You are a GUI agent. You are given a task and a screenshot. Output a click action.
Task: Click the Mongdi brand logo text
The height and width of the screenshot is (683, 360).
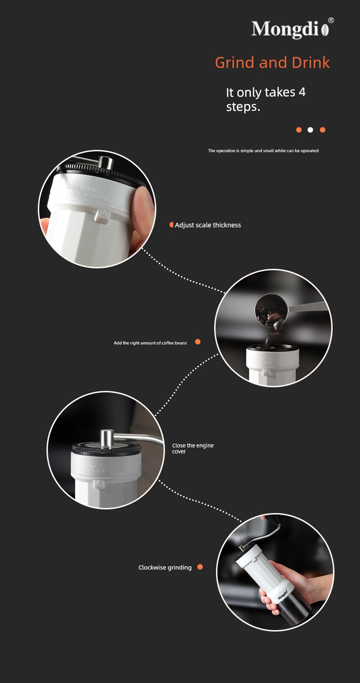pyautogui.click(x=289, y=29)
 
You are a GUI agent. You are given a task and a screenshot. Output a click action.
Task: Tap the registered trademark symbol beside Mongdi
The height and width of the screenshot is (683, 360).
pyautogui.click(x=331, y=21)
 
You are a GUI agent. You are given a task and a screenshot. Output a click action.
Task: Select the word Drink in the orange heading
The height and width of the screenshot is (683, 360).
pyautogui.click(x=311, y=62)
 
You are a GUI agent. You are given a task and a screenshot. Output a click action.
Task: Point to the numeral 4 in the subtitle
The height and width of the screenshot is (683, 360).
pyautogui.click(x=302, y=92)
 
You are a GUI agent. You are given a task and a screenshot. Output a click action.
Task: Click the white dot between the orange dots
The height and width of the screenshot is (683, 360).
pyautogui.click(x=310, y=130)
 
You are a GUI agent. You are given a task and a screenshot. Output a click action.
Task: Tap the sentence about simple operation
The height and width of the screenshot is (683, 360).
pyautogui.click(x=263, y=151)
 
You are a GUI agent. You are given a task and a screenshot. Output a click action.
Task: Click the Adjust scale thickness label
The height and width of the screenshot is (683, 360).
pyautogui.click(x=208, y=225)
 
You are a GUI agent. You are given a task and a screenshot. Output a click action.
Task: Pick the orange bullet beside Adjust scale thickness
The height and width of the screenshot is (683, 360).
pyautogui.click(x=171, y=225)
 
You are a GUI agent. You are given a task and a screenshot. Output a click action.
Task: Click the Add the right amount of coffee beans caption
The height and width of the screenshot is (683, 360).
pyautogui.click(x=150, y=343)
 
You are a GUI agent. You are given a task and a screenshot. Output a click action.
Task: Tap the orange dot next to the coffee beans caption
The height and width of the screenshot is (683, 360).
pyautogui.click(x=198, y=342)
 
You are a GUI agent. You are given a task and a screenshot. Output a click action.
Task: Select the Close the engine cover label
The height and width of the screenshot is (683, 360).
pyautogui.click(x=193, y=448)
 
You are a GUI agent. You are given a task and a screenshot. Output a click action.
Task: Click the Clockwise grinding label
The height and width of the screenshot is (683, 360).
pyautogui.click(x=165, y=567)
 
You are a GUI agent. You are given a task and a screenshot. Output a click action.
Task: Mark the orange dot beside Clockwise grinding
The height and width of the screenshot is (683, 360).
pyautogui.click(x=200, y=567)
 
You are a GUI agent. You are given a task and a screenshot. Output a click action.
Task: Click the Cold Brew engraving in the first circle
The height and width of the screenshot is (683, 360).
pyautogui.click(x=82, y=188)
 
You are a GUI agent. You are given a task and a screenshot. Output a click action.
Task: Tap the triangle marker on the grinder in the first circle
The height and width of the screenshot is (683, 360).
pyautogui.click(x=103, y=213)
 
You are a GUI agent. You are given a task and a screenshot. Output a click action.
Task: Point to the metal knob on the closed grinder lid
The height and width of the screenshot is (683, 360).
pyautogui.click(x=107, y=438)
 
